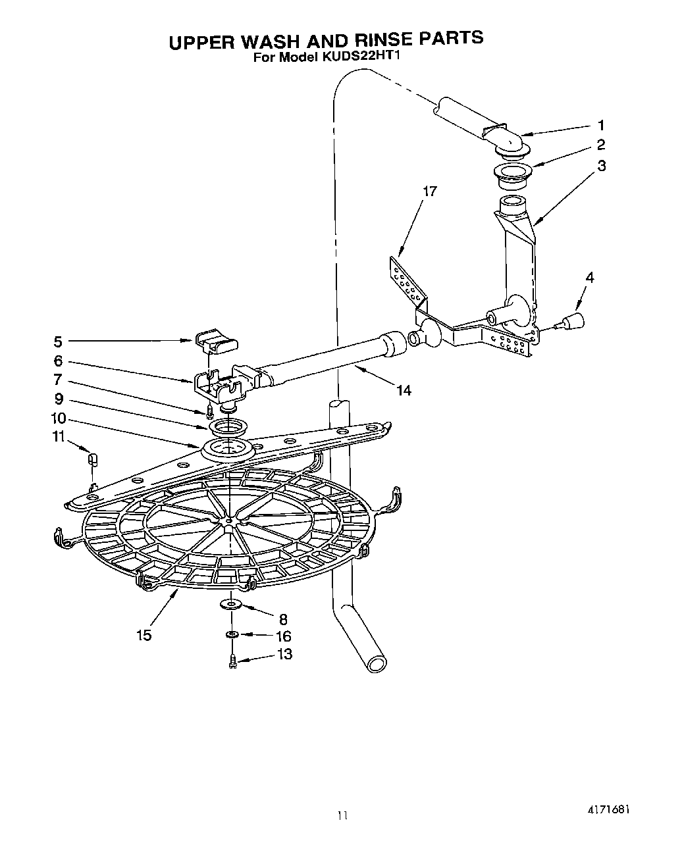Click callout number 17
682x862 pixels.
pos(429,191)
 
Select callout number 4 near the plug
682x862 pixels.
pos(589,278)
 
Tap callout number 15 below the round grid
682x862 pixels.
pos(144,635)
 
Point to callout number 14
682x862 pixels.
pos(404,390)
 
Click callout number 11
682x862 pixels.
pos(59,436)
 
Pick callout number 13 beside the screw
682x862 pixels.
pos(284,654)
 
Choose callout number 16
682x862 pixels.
pos(284,636)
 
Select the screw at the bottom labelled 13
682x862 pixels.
pos(233,660)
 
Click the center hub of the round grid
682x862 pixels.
pos(228,521)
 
